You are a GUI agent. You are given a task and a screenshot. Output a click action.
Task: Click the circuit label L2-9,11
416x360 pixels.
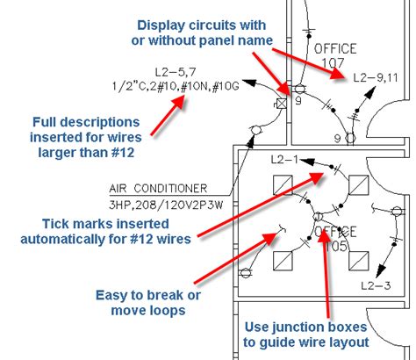376,77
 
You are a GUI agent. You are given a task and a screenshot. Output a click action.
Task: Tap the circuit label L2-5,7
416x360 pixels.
176,72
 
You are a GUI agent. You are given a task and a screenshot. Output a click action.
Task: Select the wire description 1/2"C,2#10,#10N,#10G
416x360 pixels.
176,86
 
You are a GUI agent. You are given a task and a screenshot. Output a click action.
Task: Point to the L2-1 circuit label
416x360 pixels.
284,160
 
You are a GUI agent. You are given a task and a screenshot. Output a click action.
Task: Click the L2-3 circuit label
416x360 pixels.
376,285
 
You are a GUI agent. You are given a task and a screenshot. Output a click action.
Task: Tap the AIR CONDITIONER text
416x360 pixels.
158,188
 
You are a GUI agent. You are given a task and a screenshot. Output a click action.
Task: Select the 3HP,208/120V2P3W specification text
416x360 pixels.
166,205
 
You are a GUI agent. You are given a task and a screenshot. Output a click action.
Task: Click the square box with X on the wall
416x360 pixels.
282,104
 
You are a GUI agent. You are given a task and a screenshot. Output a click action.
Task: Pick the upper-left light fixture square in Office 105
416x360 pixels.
283,185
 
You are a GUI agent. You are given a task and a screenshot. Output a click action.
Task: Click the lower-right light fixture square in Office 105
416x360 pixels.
359,261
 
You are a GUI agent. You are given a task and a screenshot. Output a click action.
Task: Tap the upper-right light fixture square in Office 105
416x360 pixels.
359,185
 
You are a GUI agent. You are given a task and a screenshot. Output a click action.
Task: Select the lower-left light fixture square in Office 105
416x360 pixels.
283,261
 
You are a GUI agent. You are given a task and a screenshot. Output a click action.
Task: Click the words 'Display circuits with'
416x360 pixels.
202,25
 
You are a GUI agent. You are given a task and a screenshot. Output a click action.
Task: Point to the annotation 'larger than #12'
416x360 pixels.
86,153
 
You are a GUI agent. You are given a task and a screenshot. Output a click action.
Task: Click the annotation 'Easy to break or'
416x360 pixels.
148,295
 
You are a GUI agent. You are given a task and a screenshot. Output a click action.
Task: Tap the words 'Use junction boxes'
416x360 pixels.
305,327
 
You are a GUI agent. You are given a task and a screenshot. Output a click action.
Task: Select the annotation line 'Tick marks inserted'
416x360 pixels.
105,224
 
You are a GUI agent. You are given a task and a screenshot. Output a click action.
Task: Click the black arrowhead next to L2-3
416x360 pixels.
380,270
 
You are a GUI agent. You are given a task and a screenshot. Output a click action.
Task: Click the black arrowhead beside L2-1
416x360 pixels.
307,162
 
